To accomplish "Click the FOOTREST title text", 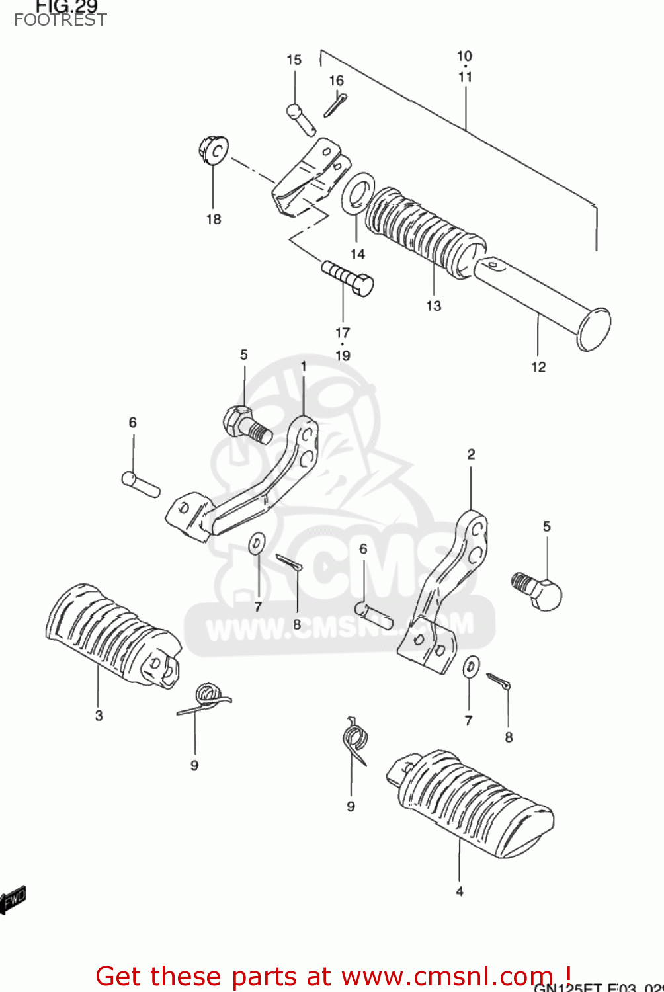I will pos(60,20).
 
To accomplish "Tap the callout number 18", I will pos(213,220).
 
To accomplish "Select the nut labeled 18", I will pos(214,150).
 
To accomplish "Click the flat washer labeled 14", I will pos(358,193).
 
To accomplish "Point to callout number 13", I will pos(433,306).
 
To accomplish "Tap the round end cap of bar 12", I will pos(594,329).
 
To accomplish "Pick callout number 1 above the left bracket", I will pos(304,366).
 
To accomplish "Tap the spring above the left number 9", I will pos(207,700).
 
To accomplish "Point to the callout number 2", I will pos(471,454).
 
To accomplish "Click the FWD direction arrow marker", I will pos(13,899).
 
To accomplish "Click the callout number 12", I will pos(538,367).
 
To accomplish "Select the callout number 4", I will pos(460,891).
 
